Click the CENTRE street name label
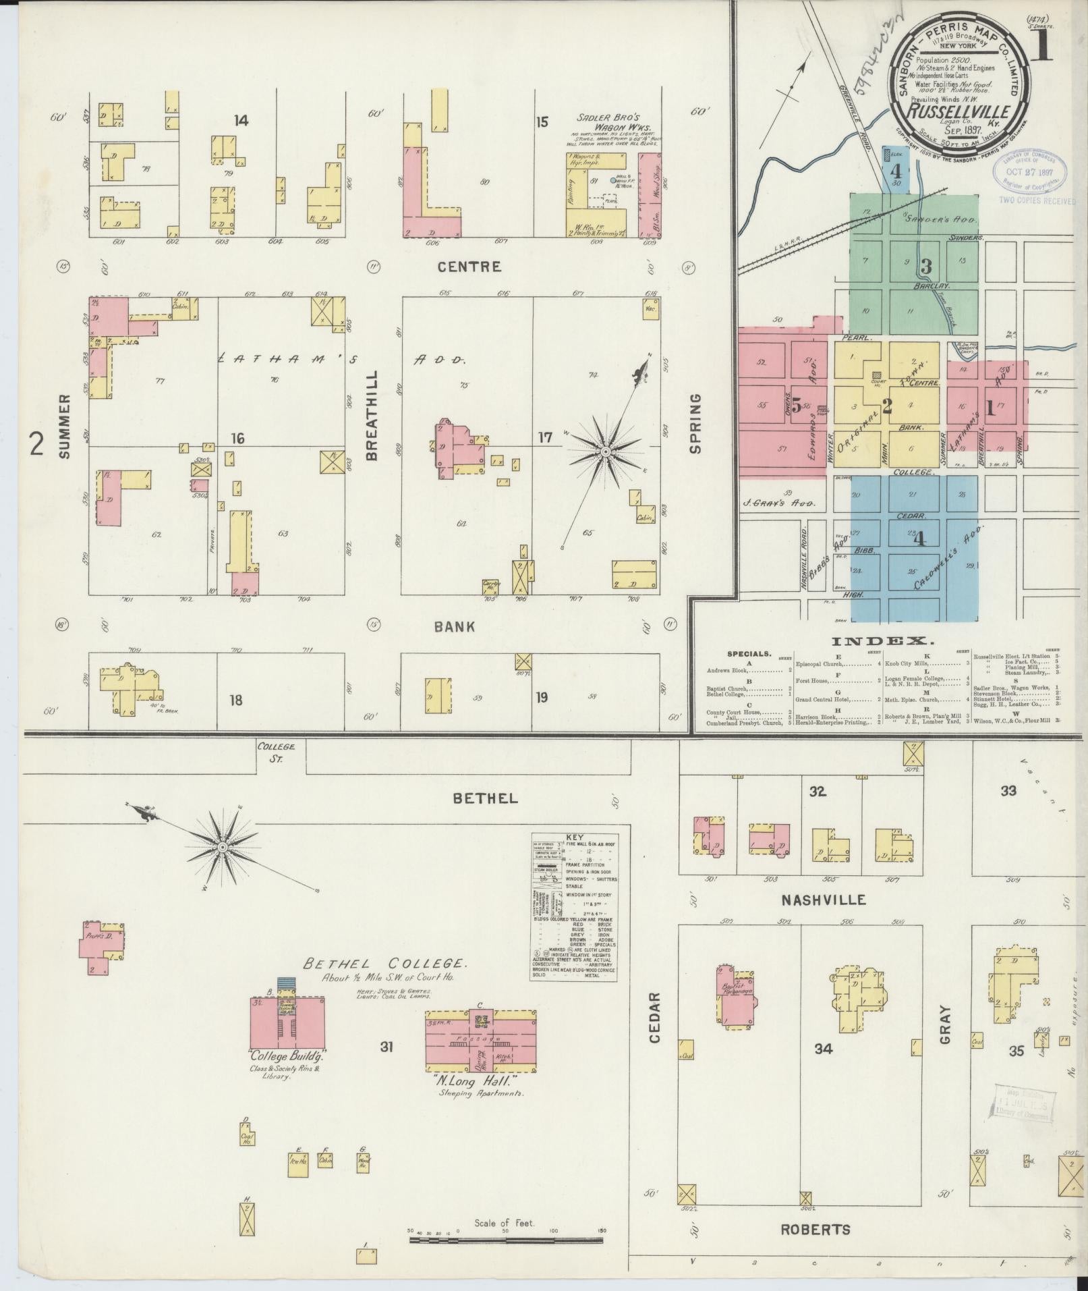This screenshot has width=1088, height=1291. [x=469, y=267]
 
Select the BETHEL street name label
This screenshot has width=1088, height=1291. [x=486, y=798]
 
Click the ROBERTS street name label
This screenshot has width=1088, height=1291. [x=816, y=1229]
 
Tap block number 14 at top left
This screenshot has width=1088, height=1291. [x=241, y=121]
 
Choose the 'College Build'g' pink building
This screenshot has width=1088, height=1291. [x=288, y=1026]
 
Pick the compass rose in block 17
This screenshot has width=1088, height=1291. [x=606, y=450]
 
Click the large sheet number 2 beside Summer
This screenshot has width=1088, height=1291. [x=38, y=443]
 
